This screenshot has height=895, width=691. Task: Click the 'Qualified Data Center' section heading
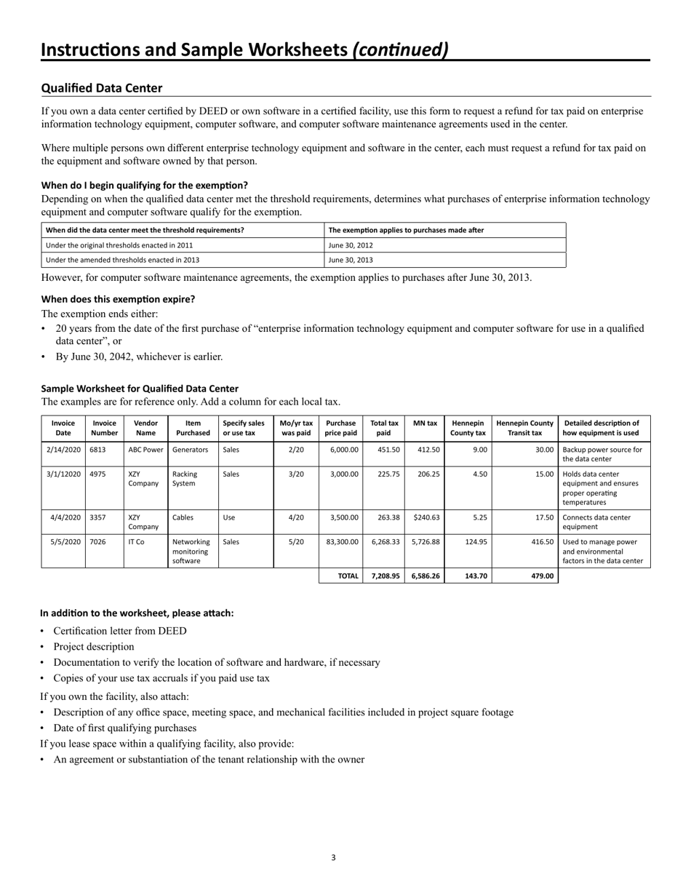[x=102, y=88]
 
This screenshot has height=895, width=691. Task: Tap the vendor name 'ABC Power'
[x=145, y=450]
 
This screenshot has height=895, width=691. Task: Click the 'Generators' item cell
[x=190, y=450]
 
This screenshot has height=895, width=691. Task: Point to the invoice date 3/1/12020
[x=63, y=474]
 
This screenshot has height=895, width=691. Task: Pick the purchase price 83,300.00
[x=340, y=541]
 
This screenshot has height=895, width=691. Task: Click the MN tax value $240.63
[x=425, y=517]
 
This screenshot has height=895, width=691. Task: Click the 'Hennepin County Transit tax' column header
[x=524, y=428]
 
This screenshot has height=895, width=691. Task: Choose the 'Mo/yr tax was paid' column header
[x=296, y=428]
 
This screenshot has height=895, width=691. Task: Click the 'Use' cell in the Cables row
[x=228, y=517]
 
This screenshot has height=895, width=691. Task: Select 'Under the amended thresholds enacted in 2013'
[x=122, y=260]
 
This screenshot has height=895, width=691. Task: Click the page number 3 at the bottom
[x=333, y=857]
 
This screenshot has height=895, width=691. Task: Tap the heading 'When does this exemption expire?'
[x=118, y=299]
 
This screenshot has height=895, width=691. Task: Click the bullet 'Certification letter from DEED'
[x=119, y=631]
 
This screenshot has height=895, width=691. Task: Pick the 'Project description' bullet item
[x=94, y=647]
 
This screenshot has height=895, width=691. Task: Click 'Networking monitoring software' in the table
[x=191, y=551]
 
